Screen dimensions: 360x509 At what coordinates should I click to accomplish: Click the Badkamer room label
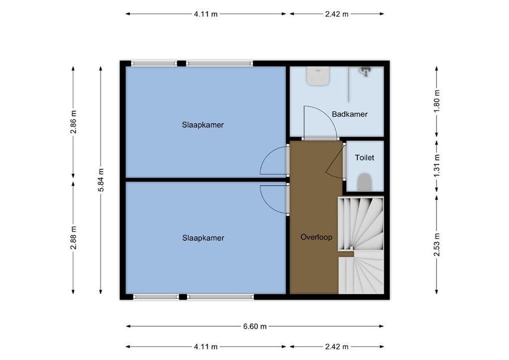click(x=350, y=114)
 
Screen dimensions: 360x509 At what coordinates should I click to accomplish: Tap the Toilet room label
click(x=365, y=158)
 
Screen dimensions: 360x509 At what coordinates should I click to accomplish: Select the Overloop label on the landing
click(x=316, y=237)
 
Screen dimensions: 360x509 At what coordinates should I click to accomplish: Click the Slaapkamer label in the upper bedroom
click(x=203, y=125)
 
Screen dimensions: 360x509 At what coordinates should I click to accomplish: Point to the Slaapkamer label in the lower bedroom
click(x=203, y=238)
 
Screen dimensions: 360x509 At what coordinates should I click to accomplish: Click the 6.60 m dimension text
click(x=255, y=327)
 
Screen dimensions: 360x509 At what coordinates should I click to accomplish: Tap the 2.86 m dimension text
click(x=74, y=121)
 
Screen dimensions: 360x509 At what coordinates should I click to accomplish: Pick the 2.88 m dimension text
click(x=74, y=238)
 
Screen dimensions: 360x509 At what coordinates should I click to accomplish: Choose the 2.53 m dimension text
click(x=437, y=245)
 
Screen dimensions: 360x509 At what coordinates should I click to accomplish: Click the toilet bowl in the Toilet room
click(x=364, y=182)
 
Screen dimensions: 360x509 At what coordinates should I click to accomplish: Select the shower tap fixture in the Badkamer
click(x=365, y=71)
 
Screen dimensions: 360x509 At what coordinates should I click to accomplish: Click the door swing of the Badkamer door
click(x=320, y=122)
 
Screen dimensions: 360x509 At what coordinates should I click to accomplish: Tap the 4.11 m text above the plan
click(x=206, y=14)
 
